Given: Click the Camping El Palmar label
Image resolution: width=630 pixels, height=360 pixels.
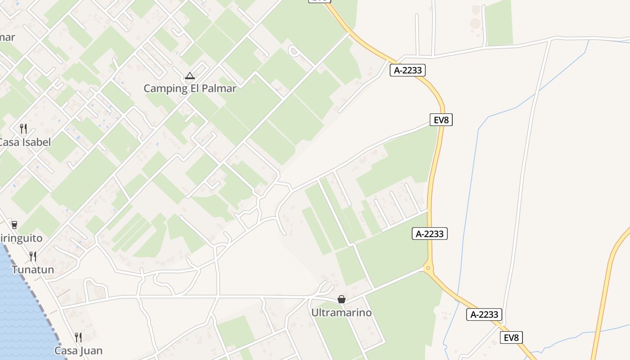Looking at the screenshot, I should click(x=189, y=88).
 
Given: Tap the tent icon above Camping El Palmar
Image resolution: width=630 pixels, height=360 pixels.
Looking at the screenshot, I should click(x=189, y=76).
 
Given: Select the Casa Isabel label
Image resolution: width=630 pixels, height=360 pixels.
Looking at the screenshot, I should click(x=25, y=142).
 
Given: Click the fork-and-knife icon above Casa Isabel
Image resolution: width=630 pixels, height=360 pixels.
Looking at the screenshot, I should click(x=23, y=129).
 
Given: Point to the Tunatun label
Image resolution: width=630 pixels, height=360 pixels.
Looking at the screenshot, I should click(x=33, y=270).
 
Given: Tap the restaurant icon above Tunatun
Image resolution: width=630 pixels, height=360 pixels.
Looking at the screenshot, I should click(x=33, y=256).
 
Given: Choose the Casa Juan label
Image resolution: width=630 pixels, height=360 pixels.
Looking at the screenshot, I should click(x=78, y=351).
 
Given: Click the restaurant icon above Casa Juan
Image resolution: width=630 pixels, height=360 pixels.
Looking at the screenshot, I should click(x=78, y=337).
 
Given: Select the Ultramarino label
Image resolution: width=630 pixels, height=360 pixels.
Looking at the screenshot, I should click(x=342, y=312).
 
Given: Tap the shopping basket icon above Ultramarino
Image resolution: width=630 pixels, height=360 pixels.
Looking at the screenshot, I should click(x=342, y=299).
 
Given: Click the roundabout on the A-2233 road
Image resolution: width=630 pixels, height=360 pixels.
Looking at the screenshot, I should click(x=428, y=269).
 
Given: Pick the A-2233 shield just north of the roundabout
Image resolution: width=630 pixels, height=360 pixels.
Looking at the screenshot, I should click(x=430, y=234).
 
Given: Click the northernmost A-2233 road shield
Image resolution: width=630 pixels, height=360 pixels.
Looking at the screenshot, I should click(x=408, y=70).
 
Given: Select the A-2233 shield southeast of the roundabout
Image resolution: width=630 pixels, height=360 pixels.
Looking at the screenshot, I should click(x=484, y=315).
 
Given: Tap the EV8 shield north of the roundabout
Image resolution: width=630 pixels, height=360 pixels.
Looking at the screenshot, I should click(x=441, y=120).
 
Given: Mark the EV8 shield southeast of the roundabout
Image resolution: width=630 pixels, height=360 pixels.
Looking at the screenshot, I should click(x=511, y=337).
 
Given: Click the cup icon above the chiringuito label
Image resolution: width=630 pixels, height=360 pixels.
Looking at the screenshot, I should click(x=14, y=225).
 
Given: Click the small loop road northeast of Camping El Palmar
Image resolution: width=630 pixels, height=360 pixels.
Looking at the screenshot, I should click(x=294, y=51).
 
